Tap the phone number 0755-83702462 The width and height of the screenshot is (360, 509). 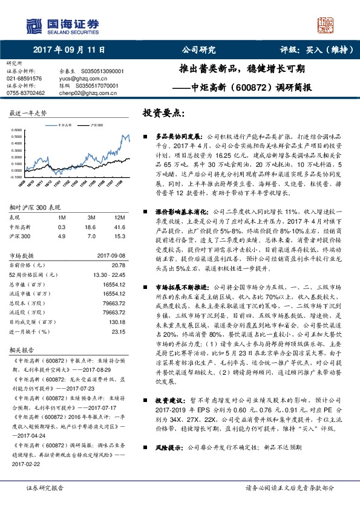(25, 93)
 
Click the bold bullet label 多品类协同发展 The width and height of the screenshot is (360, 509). (176, 137)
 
